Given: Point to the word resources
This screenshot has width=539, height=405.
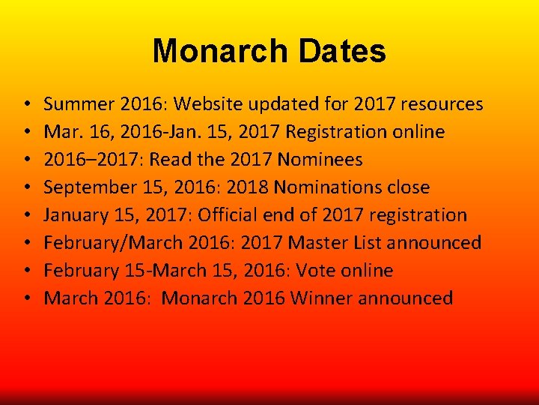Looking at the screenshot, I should [442, 104].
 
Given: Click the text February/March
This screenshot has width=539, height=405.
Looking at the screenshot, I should [102, 243].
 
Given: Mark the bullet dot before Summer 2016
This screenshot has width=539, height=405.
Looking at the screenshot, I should [25, 105].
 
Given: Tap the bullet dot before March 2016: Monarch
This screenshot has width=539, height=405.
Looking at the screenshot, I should [25, 299].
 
